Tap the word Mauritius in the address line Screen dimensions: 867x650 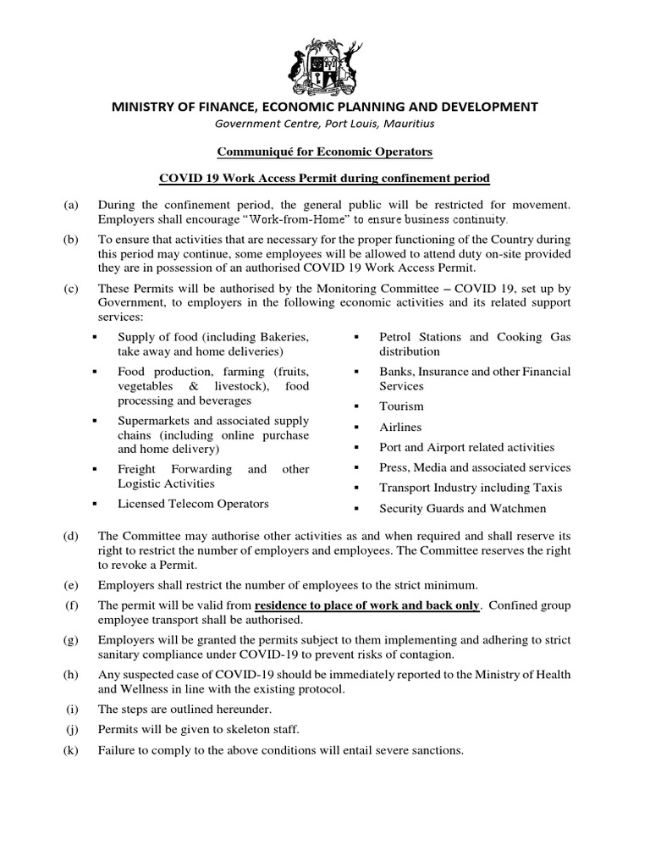click(x=409, y=123)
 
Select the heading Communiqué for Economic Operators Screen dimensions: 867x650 click(x=325, y=152)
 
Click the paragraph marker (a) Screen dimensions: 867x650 click(x=69, y=205)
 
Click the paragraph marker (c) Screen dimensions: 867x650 click(x=69, y=289)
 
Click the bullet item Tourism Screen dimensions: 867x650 click(x=401, y=406)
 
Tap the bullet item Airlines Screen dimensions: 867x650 click(x=400, y=427)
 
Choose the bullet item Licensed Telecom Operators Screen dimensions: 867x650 click(x=194, y=504)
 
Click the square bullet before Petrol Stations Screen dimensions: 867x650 click(x=358, y=338)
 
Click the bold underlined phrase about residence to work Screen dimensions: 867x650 click(x=367, y=605)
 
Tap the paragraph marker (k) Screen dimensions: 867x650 click(x=69, y=750)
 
